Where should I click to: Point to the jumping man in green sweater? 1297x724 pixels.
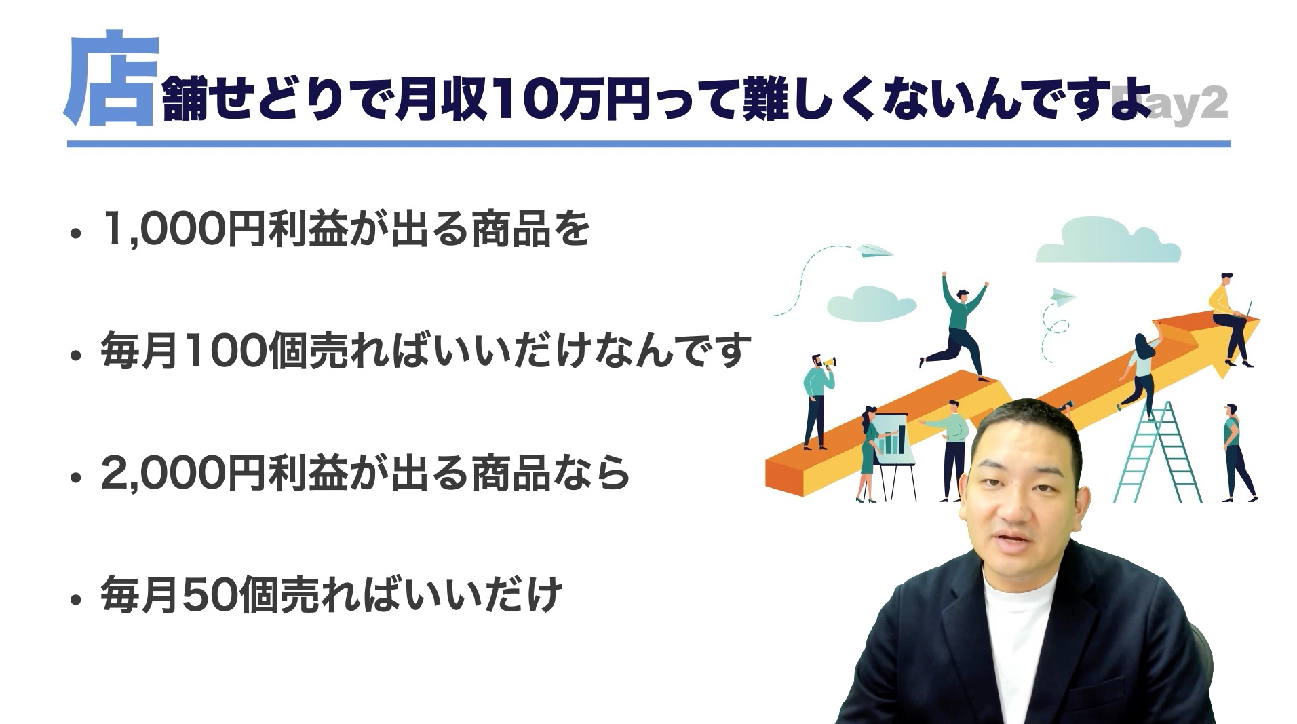(x=956, y=326)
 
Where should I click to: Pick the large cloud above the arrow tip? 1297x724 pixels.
(x=1107, y=240)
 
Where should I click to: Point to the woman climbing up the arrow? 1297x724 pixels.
(x=1140, y=373)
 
